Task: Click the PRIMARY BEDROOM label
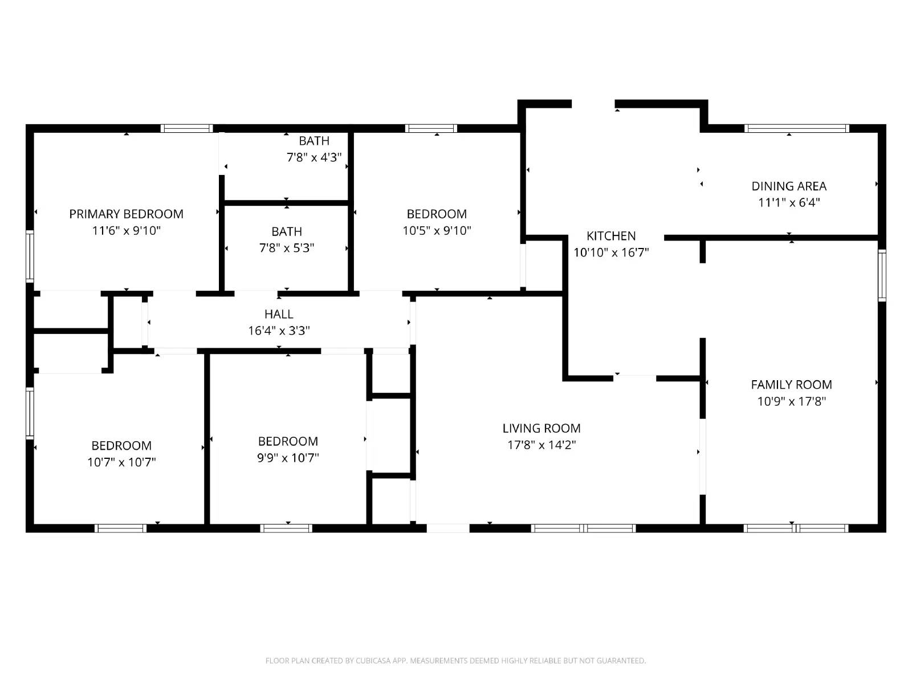pyautogui.click(x=126, y=214)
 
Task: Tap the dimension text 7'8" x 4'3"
pyautogui.click(x=313, y=157)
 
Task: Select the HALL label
pyautogui.click(x=279, y=314)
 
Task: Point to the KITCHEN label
pyautogui.click(x=611, y=236)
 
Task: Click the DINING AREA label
pyautogui.click(x=789, y=186)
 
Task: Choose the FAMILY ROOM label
pyautogui.click(x=791, y=384)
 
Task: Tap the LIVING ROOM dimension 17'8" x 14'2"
pyautogui.click(x=541, y=445)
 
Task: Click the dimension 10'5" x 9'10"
pyautogui.click(x=437, y=230)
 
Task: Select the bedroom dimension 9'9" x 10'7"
pyautogui.click(x=288, y=457)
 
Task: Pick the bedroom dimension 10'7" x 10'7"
pyautogui.click(x=121, y=462)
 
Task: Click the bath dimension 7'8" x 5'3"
pyautogui.click(x=287, y=248)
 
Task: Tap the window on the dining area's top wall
pyautogui.click(x=796, y=128)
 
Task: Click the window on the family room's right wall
pyautogui.click(x=882, y=275)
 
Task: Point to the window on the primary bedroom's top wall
pyautogui.click(x=186, y=128)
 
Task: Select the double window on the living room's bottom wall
pyautogui.click(x=583, y=528)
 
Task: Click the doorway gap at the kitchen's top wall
pyautogui.click(x=593, y=104)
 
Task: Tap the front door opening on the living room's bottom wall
pyautogui.click(x=448, y=528)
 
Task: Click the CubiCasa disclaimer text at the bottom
pyautogui.click(x=455, y=661)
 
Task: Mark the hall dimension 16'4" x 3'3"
pyautogui.click(x=279, y=331)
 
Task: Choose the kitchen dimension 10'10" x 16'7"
pyautogui.click(x=611, y=253)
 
